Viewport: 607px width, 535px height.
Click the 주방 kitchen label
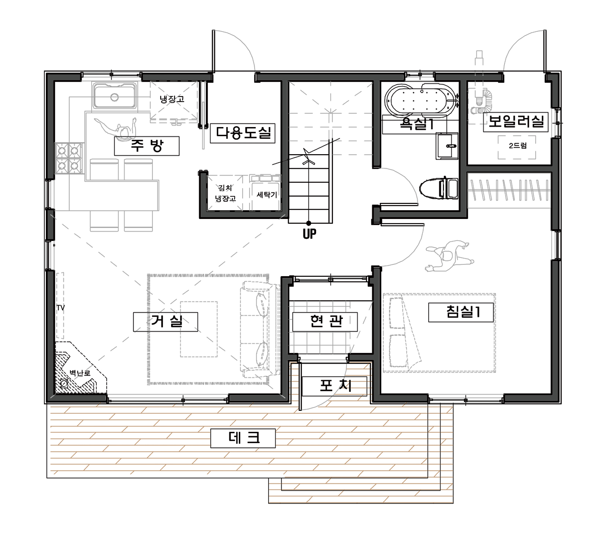pyautogui.click(x=147, y=146)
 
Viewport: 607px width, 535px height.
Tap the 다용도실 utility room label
pyautogui.click(x=243, y=133)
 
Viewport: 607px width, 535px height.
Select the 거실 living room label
pyautogui.click(x=166, y=322)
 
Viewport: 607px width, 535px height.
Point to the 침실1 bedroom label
pyautogui.click(x=461, y=312)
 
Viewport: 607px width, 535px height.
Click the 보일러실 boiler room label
pyautogui.click(x=516, y=122)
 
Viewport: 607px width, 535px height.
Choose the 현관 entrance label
pyautogui.click(x=325, y=322)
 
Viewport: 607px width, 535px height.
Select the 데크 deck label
pyautogui.click(x=243, y=438)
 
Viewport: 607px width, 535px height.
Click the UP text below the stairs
pyautogui.click(x=310, y=234)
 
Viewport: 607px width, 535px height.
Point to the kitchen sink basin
pyautogui.click(x=115, y=96)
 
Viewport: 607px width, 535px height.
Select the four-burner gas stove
pyautogui.click(x=69, y=158)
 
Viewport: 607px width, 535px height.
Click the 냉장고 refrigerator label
pyautogui.click(x=172, y=99)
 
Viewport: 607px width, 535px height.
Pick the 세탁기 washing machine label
pyautogui.click(x=267, y=195)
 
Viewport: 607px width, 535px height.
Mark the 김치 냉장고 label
pyautogui.click(x=225, y=193)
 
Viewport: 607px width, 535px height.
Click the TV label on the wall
pyautogui.click(x=60, y=308)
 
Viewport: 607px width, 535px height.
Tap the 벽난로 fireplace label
pyautogui.click(x=80, y=373)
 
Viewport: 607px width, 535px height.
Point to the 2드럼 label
pyautogui.click(x=518, y=146)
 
